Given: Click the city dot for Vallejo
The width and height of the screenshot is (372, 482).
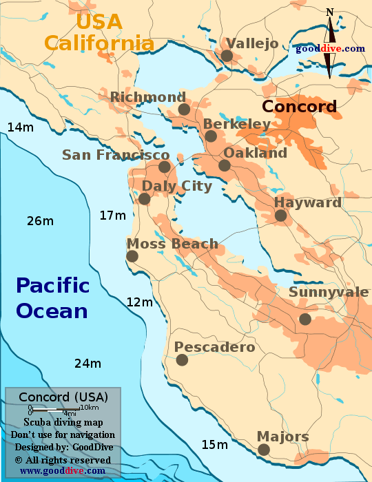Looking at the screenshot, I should [x=227, y=56].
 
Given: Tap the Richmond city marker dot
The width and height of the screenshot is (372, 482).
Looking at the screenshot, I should [x=183, y=109].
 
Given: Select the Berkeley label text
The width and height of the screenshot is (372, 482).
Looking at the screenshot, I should [x=237, y=124].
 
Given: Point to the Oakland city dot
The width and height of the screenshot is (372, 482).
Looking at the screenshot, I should [x=225, y=165].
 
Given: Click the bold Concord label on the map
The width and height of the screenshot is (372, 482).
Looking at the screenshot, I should [x=300, y=107].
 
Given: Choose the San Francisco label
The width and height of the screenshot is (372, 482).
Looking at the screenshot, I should [x=116, y=155].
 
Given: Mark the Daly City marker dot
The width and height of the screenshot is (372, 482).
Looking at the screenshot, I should [x=144, y=199].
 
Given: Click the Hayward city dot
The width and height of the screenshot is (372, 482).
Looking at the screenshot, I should [x=280, y=216].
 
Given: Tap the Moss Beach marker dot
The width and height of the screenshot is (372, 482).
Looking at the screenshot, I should [x=132, y=256].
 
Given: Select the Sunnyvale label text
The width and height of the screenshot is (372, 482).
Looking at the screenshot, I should [x=329, y=292].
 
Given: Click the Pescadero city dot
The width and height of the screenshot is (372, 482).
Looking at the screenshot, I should [x=182, y=359].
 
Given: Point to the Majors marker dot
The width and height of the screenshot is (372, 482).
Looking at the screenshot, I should [x=263, y=450].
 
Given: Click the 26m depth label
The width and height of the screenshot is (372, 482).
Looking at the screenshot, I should [x=40, y=221].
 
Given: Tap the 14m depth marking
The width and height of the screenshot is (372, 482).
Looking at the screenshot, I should [x=20, y=127].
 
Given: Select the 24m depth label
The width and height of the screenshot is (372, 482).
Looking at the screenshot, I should [x=87, y=364].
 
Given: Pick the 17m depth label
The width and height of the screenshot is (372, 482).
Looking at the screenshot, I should [x=113, y=216].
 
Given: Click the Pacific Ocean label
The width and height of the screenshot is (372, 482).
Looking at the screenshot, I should [x=53, y=297].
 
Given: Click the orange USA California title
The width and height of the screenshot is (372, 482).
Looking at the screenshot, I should [x=99, y=32].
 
